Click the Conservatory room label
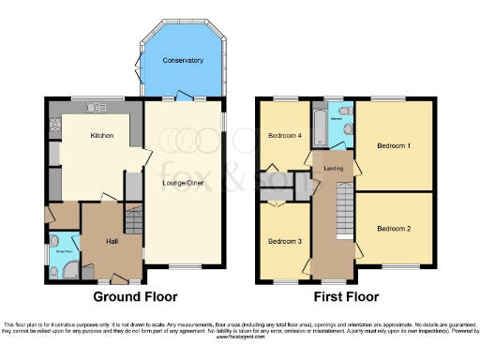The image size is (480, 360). click(182, 61)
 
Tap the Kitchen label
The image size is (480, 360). click(101, 136)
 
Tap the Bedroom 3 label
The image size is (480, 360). click(283, 242)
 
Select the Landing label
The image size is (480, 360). click(333, 169)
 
